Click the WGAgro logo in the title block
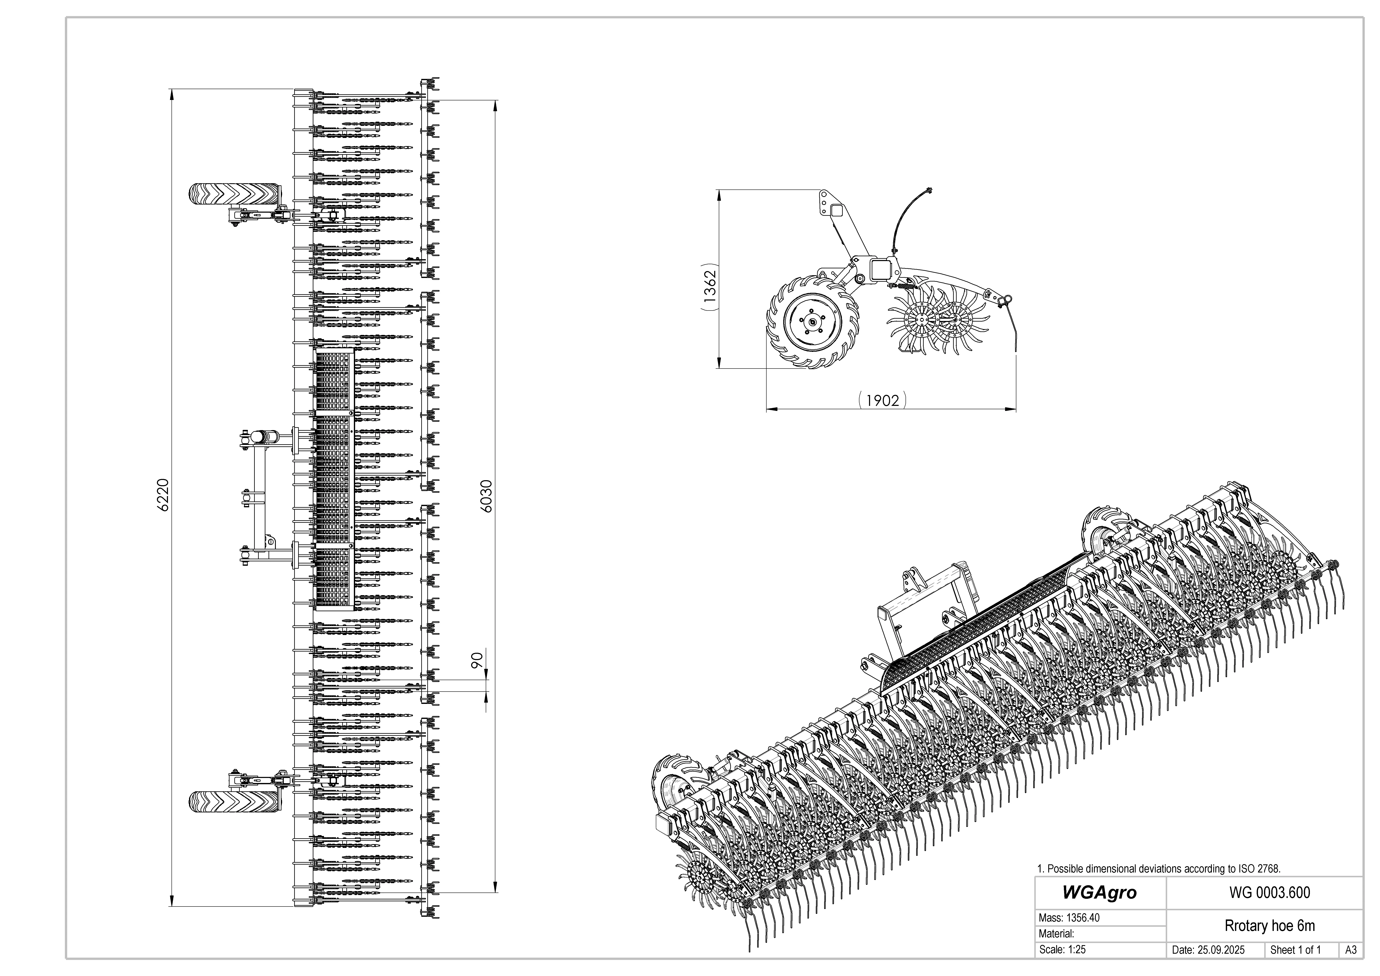pos(1099,893)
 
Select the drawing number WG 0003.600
pos(1269,893)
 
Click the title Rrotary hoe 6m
pos(1269,925)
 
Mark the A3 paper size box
pos(1351,950)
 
